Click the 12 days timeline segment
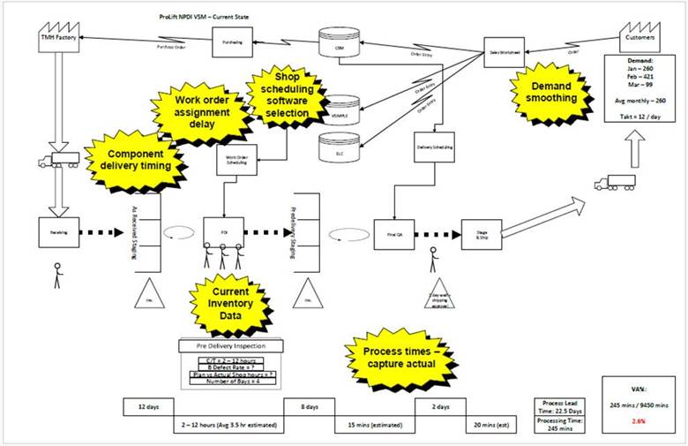147,407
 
